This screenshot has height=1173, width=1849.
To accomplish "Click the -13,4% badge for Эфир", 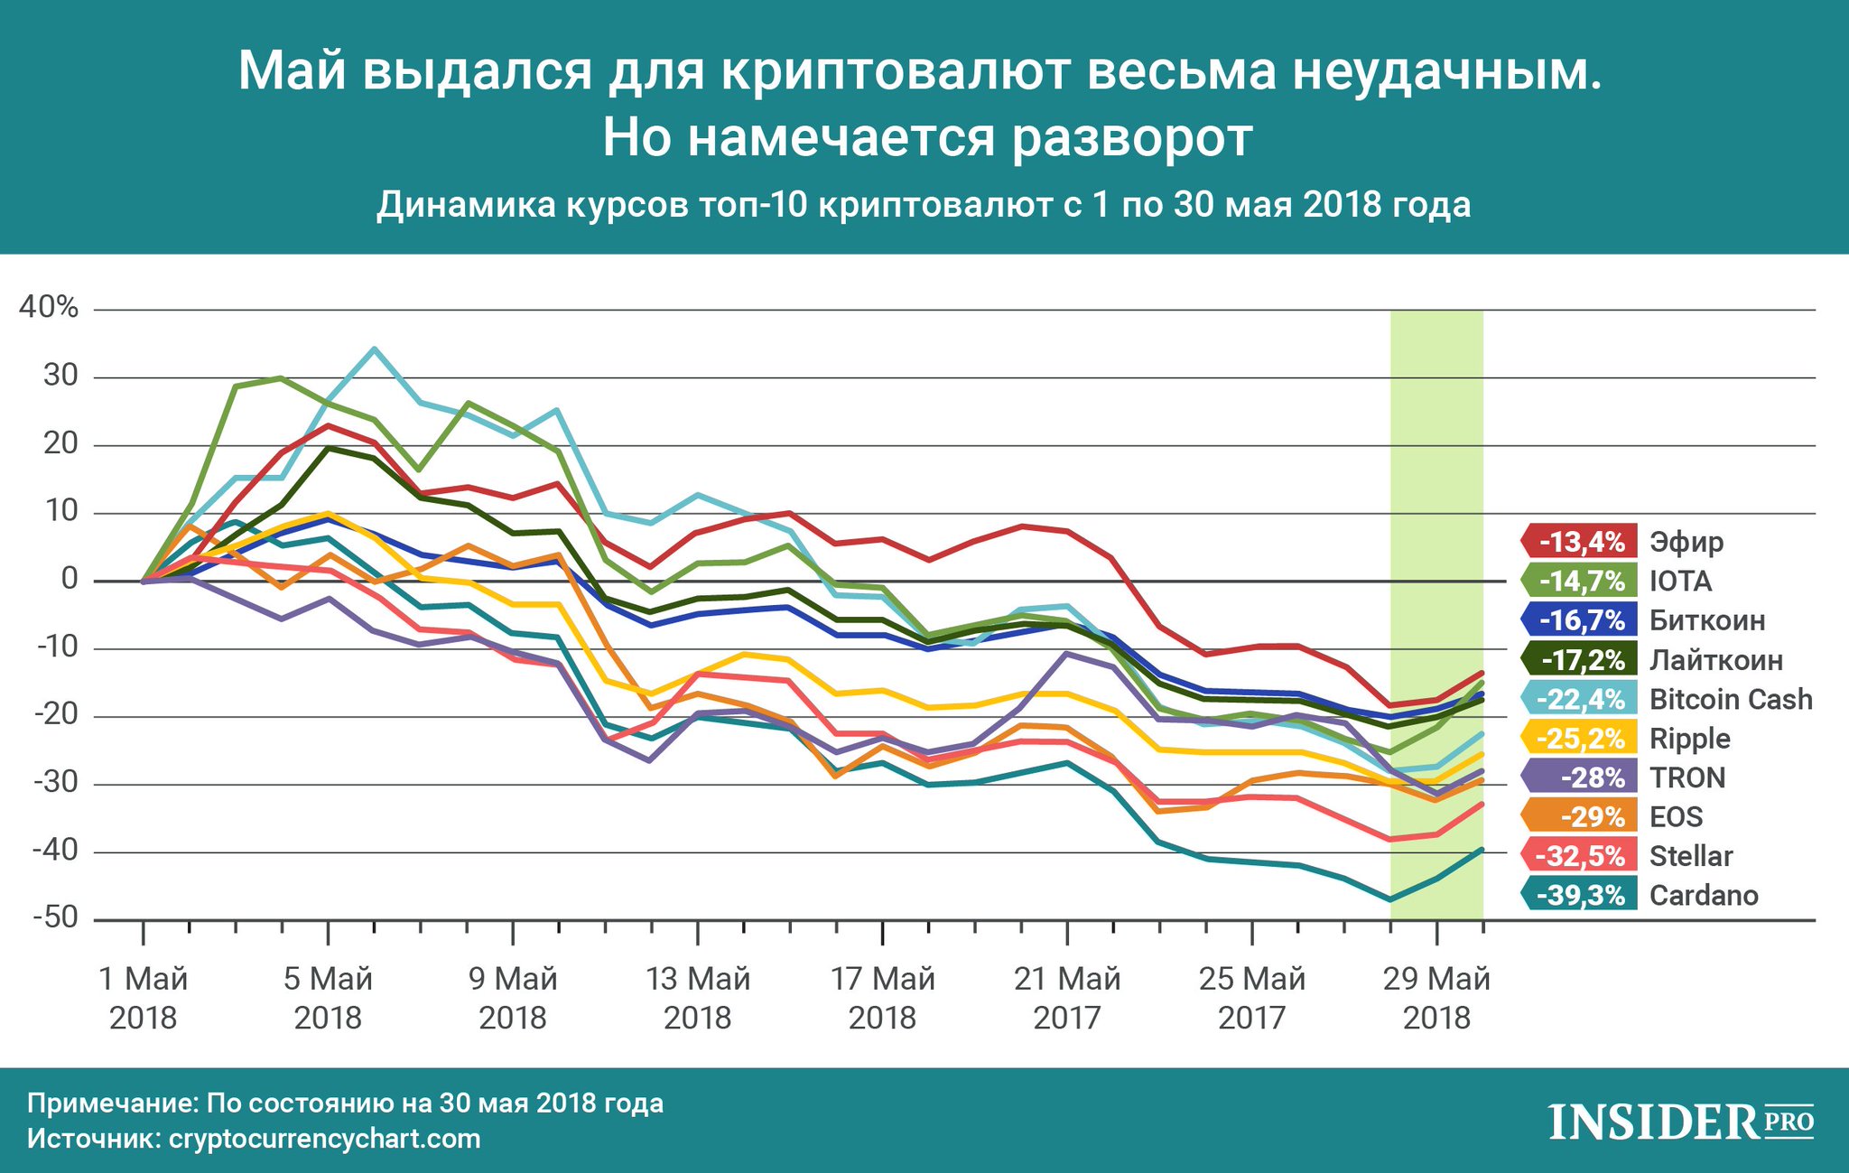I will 1580,542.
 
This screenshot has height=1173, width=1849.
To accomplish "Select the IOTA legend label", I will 1680,581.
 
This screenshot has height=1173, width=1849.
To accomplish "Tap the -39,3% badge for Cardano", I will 1580,895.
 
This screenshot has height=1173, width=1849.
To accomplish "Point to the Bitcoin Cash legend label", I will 1731,699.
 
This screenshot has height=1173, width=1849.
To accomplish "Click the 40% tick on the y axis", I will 49,308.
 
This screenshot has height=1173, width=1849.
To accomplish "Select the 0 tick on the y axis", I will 70,579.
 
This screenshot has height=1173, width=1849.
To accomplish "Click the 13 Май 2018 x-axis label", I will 698,998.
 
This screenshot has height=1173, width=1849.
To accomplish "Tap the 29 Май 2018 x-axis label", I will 1436,998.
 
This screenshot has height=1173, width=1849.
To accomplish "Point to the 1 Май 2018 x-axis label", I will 144,998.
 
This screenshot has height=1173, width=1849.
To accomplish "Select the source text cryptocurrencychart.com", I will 324,1139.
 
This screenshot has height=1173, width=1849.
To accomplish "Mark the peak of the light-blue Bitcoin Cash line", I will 374,349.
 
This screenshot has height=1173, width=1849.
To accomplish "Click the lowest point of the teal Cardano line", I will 1389,899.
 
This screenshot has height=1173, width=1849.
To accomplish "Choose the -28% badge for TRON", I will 1580,777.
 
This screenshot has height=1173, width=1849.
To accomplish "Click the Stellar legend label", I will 1691,855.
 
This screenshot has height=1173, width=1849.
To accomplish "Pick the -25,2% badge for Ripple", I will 1580,739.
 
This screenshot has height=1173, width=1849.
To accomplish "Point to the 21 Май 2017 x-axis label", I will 1067,998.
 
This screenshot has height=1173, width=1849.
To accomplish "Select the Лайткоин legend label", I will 1716,660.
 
